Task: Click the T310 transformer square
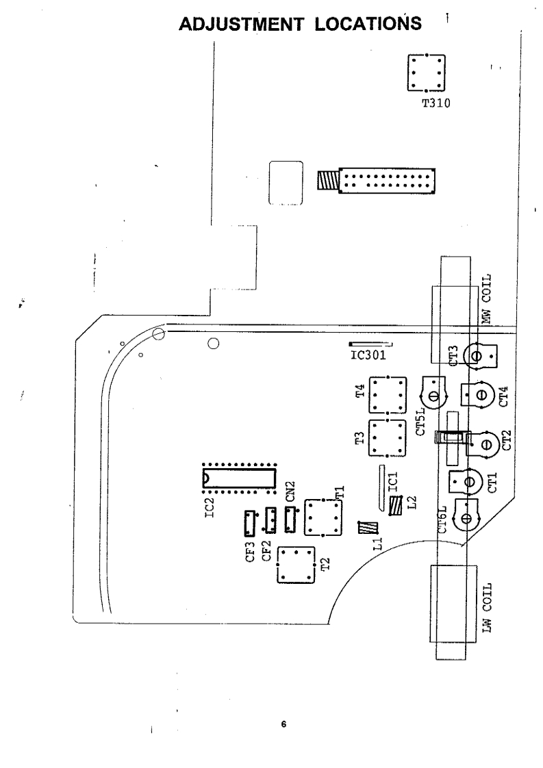[x=426, y=73]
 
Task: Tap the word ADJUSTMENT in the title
[x=247, y=25]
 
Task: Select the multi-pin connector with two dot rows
[x=387, y=181]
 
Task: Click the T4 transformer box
[x=387, y=395]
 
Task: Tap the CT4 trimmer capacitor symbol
[x=479, y=395]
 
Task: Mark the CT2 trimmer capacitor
[x=483, y=444]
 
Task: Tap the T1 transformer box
[x=321, y=517]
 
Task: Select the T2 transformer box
[x=296, y=565]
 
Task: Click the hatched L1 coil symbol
[x=368, y=528]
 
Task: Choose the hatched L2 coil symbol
[x=396, y=506]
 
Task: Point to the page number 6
[x=283, y=723]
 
